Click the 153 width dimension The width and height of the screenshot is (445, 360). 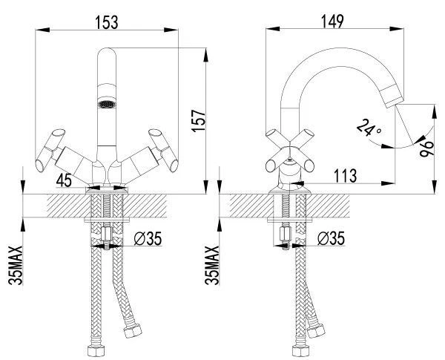(x=106, y=22)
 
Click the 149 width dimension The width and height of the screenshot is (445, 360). (x=332, y=22)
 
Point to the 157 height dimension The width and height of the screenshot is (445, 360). (x=198, y=120)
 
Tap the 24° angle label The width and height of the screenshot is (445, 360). (x=369, y=128)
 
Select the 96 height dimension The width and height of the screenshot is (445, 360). (x=426, y=148)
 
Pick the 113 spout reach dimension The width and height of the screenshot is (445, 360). (x=345, y=176)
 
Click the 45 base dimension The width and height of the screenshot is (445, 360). (x=64, y=180)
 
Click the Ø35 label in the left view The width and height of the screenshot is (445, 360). (x=148, y=238)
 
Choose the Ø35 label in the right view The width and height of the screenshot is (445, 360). (x=331, y=238)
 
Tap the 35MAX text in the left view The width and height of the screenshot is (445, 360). (x=16, y=266)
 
